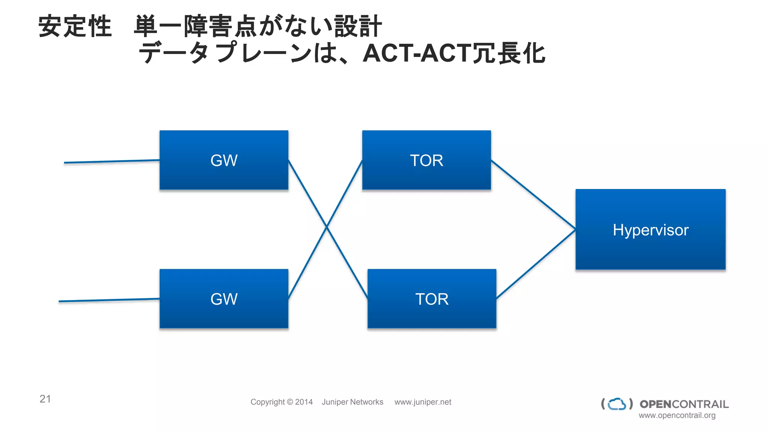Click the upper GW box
pos(224,160)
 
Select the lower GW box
pos(224,299)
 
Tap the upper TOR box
pos(426,160)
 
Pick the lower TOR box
pos(432,299)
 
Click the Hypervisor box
pos(650,229)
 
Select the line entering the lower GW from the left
pos(109,300)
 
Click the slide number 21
pos(45,399)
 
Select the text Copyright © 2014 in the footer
pos(281,402)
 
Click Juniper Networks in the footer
pos(352,402)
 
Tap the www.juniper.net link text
pos(423,402)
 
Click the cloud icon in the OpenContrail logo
pos(617,404)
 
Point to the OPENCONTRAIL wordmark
pos(684,404)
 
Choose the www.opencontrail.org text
pos(677,415)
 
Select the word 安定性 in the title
pos(75,26)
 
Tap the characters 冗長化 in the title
pos(508,53)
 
